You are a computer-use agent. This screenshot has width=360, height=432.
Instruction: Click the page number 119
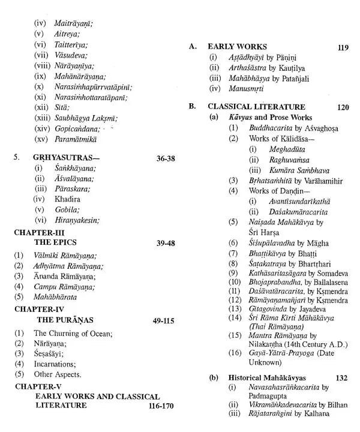pos(343,47)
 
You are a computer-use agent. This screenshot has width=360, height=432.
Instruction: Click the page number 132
pos(341,379)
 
